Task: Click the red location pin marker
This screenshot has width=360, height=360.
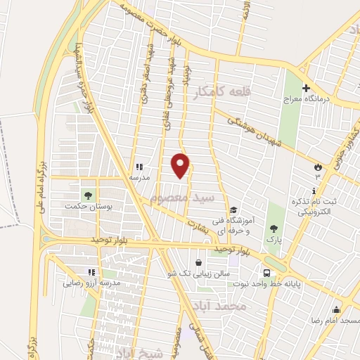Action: pos(181,165)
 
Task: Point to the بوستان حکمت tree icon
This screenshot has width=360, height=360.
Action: pos(88,195)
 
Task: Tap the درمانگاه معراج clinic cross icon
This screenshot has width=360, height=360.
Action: pos(305,89)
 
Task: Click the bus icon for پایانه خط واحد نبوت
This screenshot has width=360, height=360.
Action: pos(266,273)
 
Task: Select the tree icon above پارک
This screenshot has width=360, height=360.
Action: pos(274,228)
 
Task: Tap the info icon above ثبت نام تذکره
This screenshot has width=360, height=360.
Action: pos(314,191)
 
